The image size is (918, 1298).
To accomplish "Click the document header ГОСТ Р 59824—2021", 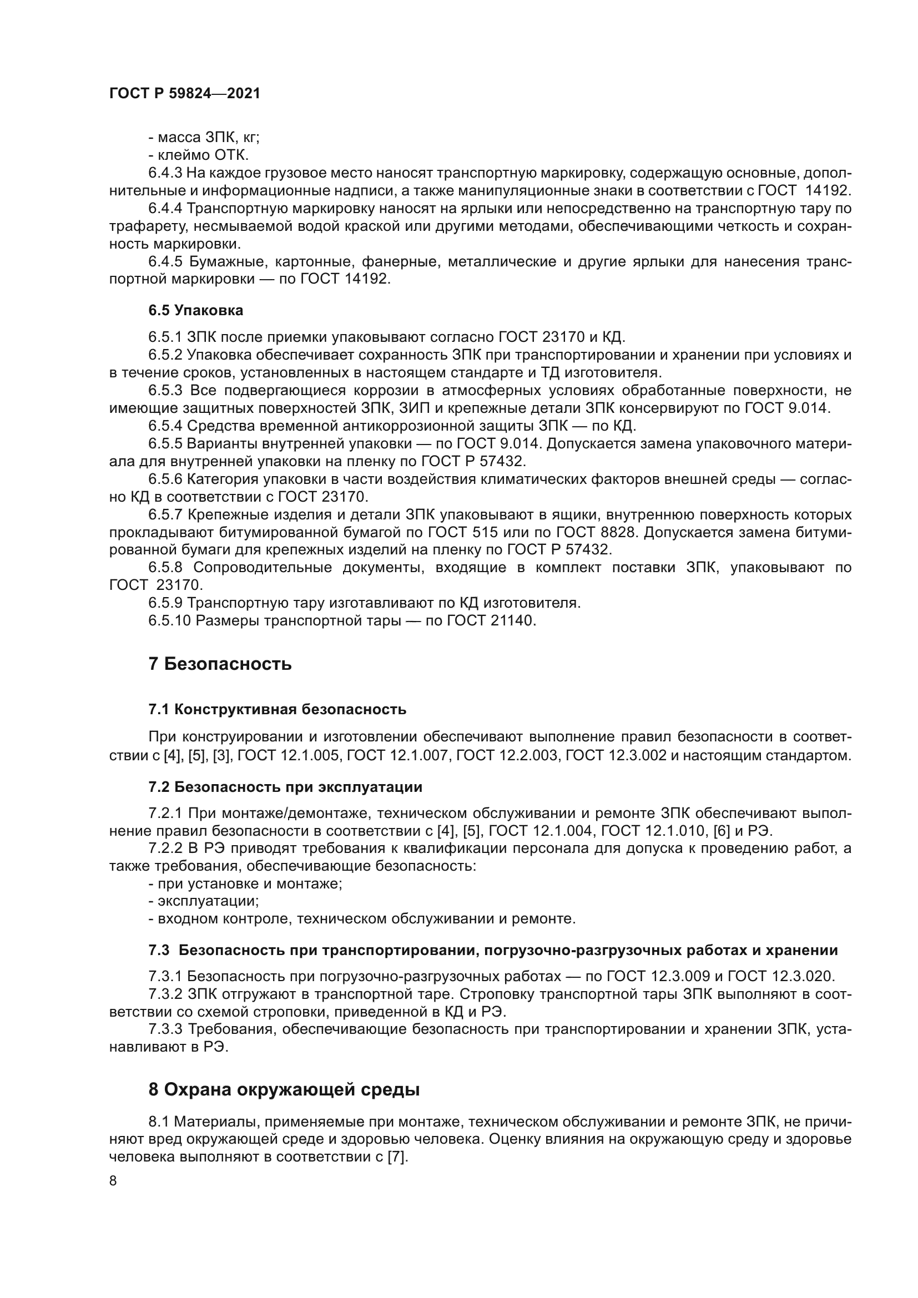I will coord(185,94).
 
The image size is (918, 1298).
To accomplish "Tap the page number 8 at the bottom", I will coord(113,1181).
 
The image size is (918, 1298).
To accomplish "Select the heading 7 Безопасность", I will coord(220,664).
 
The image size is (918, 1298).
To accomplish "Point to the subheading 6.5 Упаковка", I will coord(195,310).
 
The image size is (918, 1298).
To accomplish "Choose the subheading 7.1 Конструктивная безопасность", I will coord(277,710).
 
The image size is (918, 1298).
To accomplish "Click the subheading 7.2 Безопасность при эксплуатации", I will coord(285,787).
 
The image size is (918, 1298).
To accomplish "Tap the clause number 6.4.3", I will coord(165,173).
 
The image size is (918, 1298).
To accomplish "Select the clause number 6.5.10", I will coord(170,621).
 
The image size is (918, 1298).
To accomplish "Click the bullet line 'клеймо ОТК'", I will coord(198,155).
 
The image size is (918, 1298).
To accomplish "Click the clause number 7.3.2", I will coord(165,994).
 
